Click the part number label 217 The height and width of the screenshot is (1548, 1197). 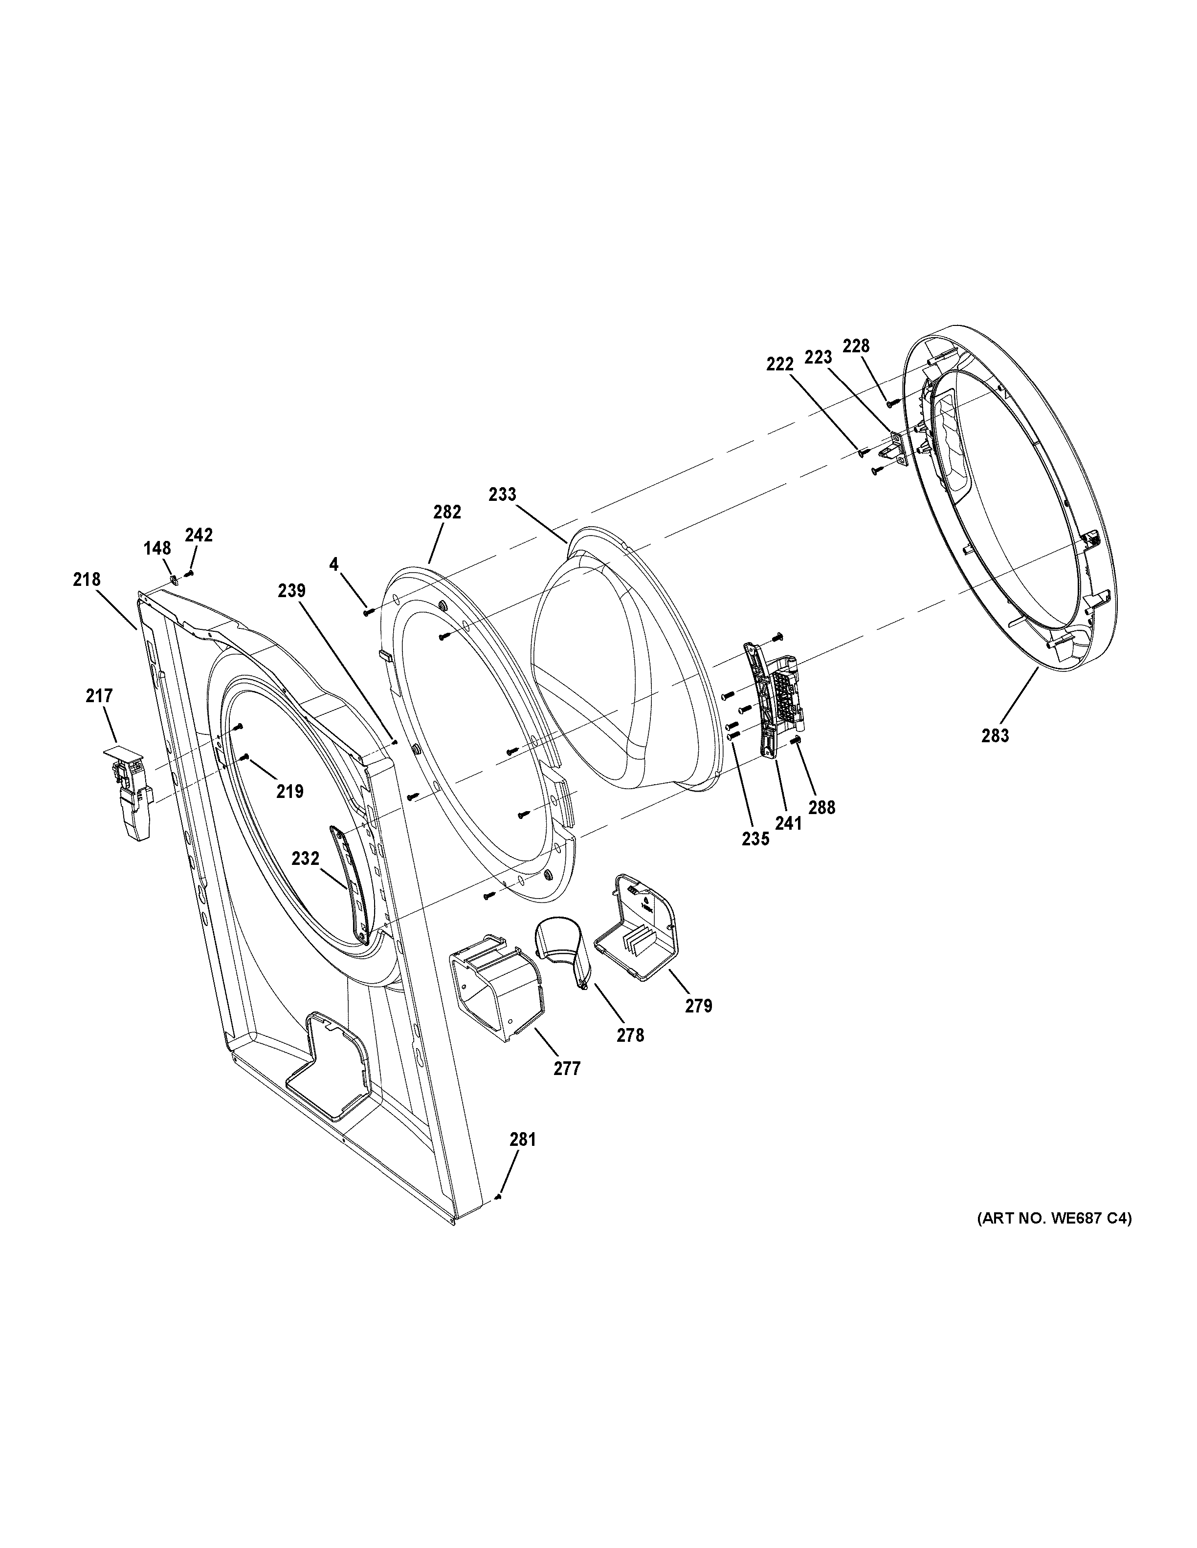(x=99, y=696)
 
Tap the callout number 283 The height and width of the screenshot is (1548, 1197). (x=995, y=736)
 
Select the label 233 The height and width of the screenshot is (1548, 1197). (x=503, y=494)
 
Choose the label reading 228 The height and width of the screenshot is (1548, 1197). (x=856, y=346)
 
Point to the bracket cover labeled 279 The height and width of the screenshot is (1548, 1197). (x=635, y=928)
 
